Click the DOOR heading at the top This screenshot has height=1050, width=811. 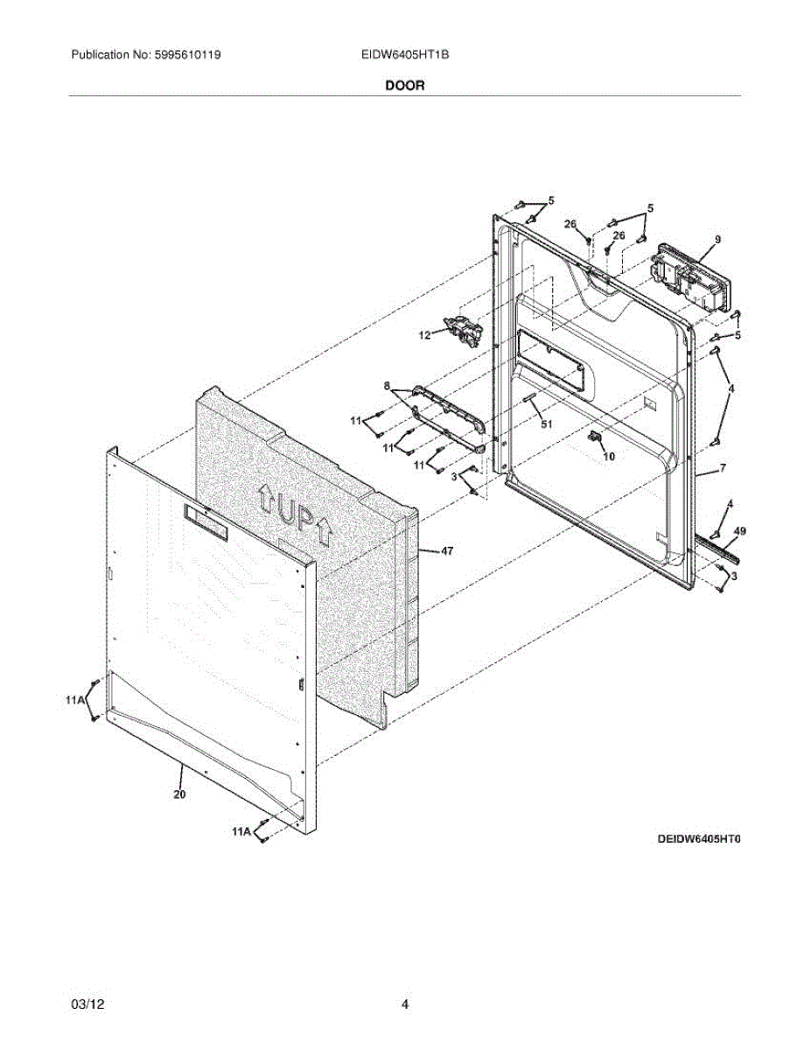pyautogui.click(x=404, y=86)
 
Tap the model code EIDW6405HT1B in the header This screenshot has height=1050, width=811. pyautogui.click(x=405, y=55)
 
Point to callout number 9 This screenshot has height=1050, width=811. pyautogui.click(x=717, y=239)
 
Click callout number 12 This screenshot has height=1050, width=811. pyautogui.click(x=424, y=335)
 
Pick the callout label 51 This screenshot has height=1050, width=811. pyautogui.click(x=547, y=424)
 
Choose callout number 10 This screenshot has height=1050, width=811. pyautogui.click(x=610, y=456)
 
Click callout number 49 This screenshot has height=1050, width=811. pyautogui.click(x=739, y=531)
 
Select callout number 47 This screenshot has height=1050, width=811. pyautogui.click(x=447, y=551)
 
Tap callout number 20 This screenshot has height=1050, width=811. pyautogui.click(x=179, y=794)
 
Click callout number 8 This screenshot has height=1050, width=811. pyautogui.click(x=386, y=385)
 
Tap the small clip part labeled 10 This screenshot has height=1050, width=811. pyautogui.click(x=597, y=437)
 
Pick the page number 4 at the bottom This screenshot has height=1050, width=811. pyautogui.click(x=405, y=1004)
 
